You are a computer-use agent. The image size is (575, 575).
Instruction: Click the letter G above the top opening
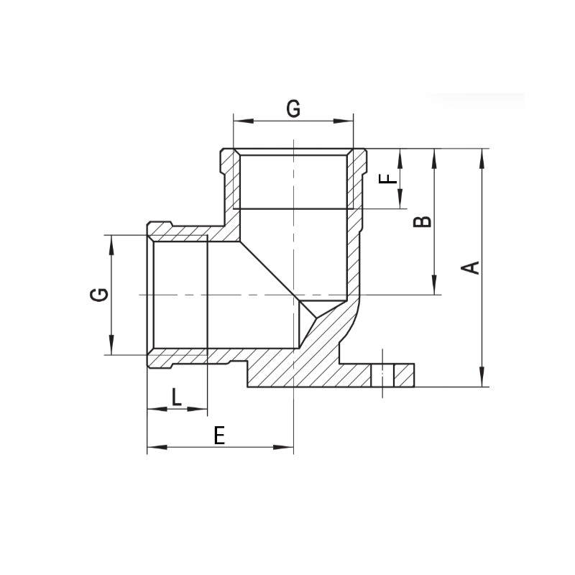pyautogui.click(x=293, y=109)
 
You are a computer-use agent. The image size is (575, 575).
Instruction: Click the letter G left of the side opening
pyautogui.click(x=99, y=295)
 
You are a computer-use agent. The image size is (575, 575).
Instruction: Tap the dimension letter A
pyautogui.click(x=470, y=267)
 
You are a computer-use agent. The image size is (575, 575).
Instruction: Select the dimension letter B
pyautogui.click(x=423, y=221)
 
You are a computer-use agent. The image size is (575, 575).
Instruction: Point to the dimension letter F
pyautogui.click(x=388, y=178)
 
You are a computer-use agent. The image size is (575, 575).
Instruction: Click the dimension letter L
pyautogui.click(x=177, y=397)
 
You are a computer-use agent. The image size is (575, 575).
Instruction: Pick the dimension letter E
pyautogui.click(x=219, y=436)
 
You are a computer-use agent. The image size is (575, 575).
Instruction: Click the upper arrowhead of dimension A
pyautogui.click(x=482, y=159)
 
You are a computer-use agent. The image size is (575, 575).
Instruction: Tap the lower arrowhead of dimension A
pyautogui.click(x=482, y=376)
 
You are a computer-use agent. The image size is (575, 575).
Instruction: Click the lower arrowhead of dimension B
pyautogui.click(x=435, y=285)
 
